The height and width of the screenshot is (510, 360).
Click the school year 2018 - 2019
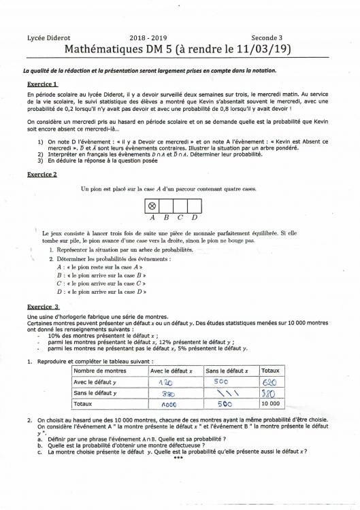point(152,38)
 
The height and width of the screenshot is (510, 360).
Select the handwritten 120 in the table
point(167,383)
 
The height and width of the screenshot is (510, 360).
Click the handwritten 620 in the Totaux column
point(269,383)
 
